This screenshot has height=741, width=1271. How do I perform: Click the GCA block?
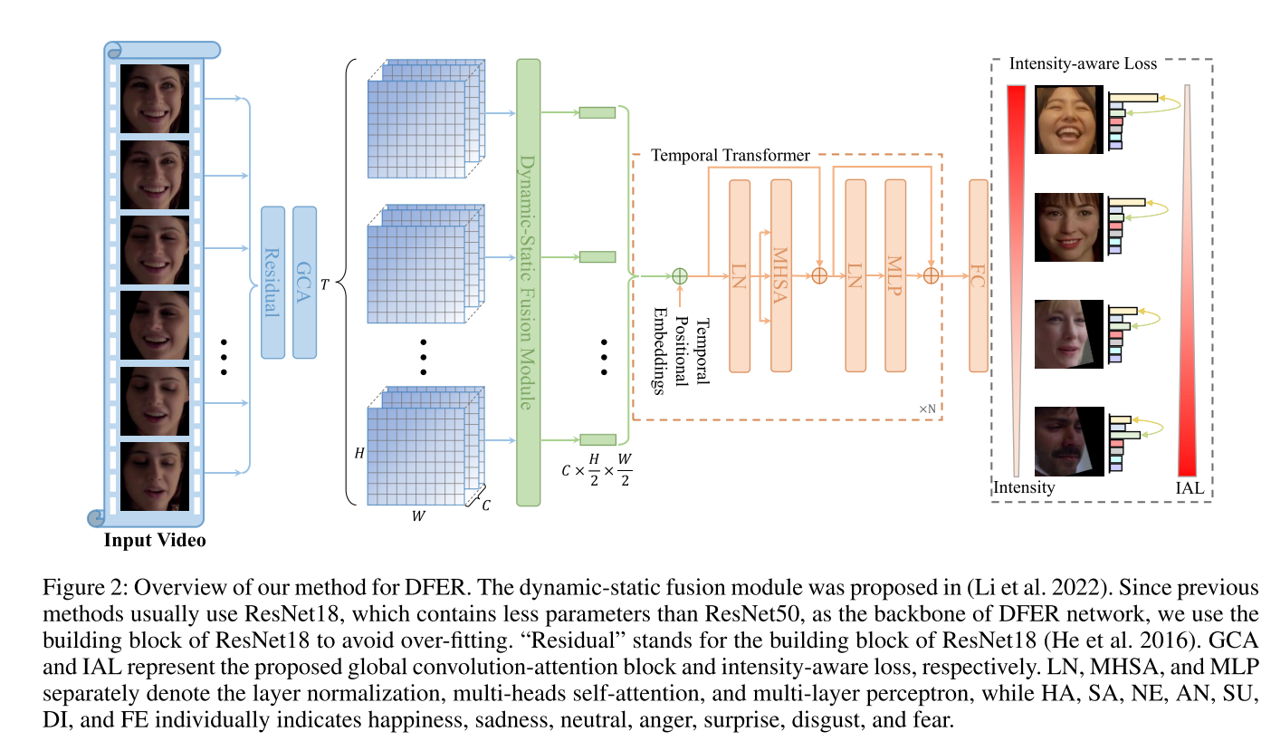pyautogui.click(x=305, y=282)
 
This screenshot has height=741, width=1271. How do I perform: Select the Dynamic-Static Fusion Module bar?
pyautogui.click(x=528, y=282)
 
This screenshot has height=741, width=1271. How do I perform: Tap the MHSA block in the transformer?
pyautogui.click(x=781, y=275)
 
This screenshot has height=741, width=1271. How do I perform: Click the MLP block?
pyautogui.click(x=895, y=275)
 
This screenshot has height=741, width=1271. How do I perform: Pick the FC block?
pyautogui.click(x=978, y=275)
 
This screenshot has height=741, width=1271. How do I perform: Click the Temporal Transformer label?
pyautogui.click(x=730, y=156)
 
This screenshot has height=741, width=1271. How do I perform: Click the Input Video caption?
pyautogui.click(x=155, y=541)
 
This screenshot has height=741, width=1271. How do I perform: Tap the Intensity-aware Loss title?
pyautogui.click(x=1083, y=64)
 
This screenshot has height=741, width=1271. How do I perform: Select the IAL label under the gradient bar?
pyautogui.click(x=1190, y=488)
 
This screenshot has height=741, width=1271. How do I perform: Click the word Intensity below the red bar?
pyautogui.click(x=1024, y=487)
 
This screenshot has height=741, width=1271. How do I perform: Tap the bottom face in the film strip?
pyautogui.click(x=155, y=474)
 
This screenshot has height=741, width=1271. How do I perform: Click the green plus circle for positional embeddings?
pyautogui.click(x=680, y=274)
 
